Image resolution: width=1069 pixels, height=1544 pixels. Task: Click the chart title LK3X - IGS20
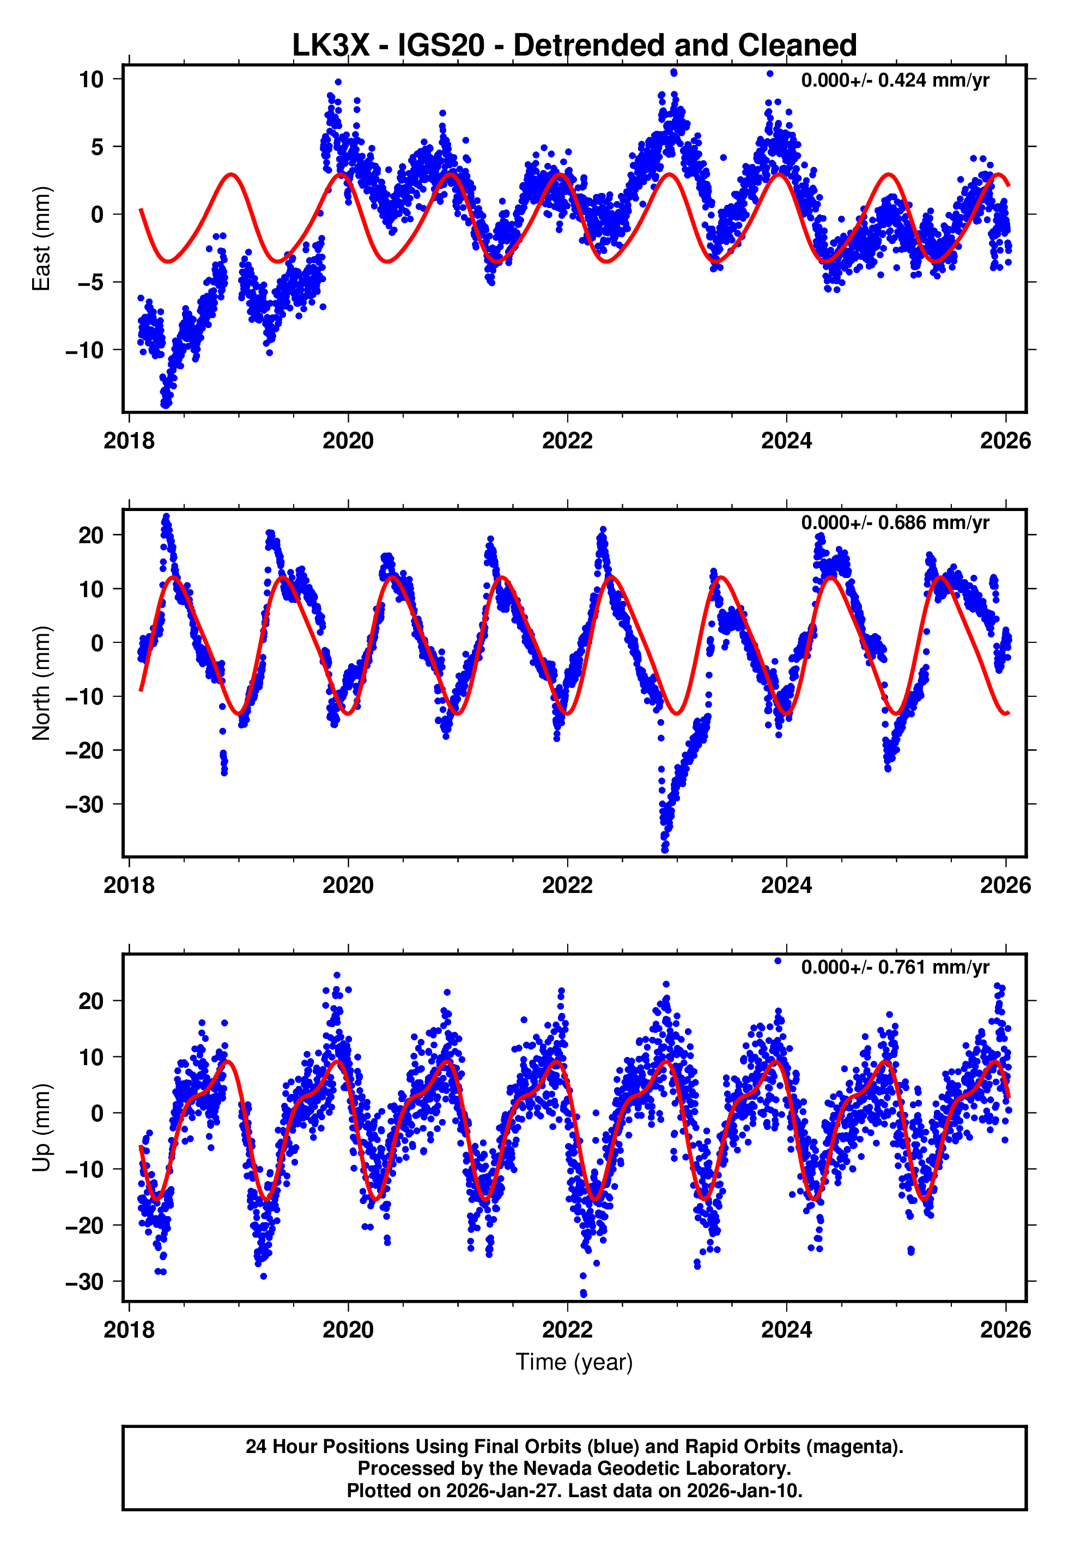pyautogui.click(x=574, y=46)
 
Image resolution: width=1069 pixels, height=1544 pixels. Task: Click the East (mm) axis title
pyautogui.click(x=41, y=239)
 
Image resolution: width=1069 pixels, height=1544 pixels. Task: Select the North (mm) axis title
pyautogui.click(x=41, y=683)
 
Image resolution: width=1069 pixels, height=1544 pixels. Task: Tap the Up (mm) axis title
pyautogui.click(x=41, y=1128)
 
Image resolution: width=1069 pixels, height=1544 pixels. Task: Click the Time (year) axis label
pyautogui.click(x=574, y=1362)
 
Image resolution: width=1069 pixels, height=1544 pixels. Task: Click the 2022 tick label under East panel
pyautogui.click(x=567, y=441)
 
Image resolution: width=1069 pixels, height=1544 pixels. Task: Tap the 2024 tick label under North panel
pyautogui.click(x=786, y=886)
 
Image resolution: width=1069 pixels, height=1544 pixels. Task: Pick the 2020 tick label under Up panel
pyautogui.click(x=348, y=1330)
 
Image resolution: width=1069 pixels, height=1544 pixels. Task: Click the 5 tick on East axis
pyautogui.click(x=97, y=147)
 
